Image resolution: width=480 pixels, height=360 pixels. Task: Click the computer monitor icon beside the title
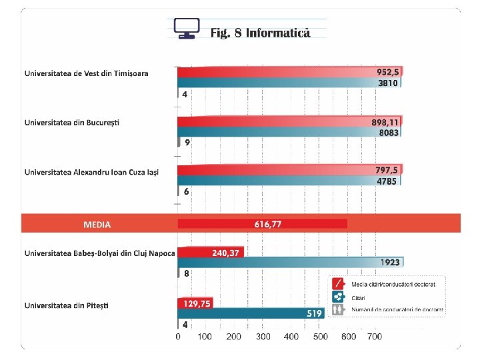[187, 28]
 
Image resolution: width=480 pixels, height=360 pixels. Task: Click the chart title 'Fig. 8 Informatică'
[260, 33]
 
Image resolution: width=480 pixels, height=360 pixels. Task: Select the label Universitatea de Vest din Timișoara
[86, 73]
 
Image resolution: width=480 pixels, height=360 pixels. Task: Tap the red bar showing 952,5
[290, 72]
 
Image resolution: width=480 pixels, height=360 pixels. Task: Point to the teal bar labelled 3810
[289, 83]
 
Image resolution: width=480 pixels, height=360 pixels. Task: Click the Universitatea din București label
[72, 123]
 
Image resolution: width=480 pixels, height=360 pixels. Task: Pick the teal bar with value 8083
[289, 132]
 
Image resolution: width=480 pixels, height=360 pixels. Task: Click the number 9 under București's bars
[187, 143]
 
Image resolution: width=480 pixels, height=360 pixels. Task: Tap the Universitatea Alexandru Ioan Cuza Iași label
[91, 173]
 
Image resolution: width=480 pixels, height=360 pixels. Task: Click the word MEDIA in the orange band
[97, 225]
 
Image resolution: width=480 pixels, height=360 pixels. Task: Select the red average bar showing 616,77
[263, 224]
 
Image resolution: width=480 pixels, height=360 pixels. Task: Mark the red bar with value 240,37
[211, 253]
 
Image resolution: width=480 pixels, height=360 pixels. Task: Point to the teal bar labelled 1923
[291, 263]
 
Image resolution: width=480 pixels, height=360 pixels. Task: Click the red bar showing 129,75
[195, 303]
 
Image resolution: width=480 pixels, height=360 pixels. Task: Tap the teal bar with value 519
[251, 313]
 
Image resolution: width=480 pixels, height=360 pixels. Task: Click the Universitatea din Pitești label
[67, 305]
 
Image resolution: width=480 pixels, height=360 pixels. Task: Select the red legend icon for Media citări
[338, 284]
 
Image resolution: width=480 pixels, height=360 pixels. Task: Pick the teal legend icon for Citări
[338, 297]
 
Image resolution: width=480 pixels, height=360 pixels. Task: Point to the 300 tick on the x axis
[263, 337]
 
